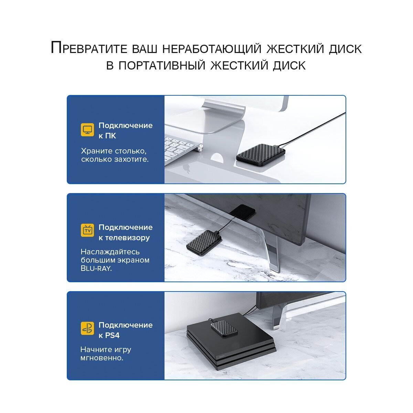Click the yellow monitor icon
pos(87,130)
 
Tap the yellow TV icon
pos(87,230)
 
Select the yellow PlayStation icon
pos(87,328)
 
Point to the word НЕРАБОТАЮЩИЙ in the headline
pos(212,49)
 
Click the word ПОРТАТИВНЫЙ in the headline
pos(162,65)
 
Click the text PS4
pos(112,335)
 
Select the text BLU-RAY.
pos(96,268)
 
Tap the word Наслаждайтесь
pos(110,252)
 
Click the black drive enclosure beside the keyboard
pos(261,155)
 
